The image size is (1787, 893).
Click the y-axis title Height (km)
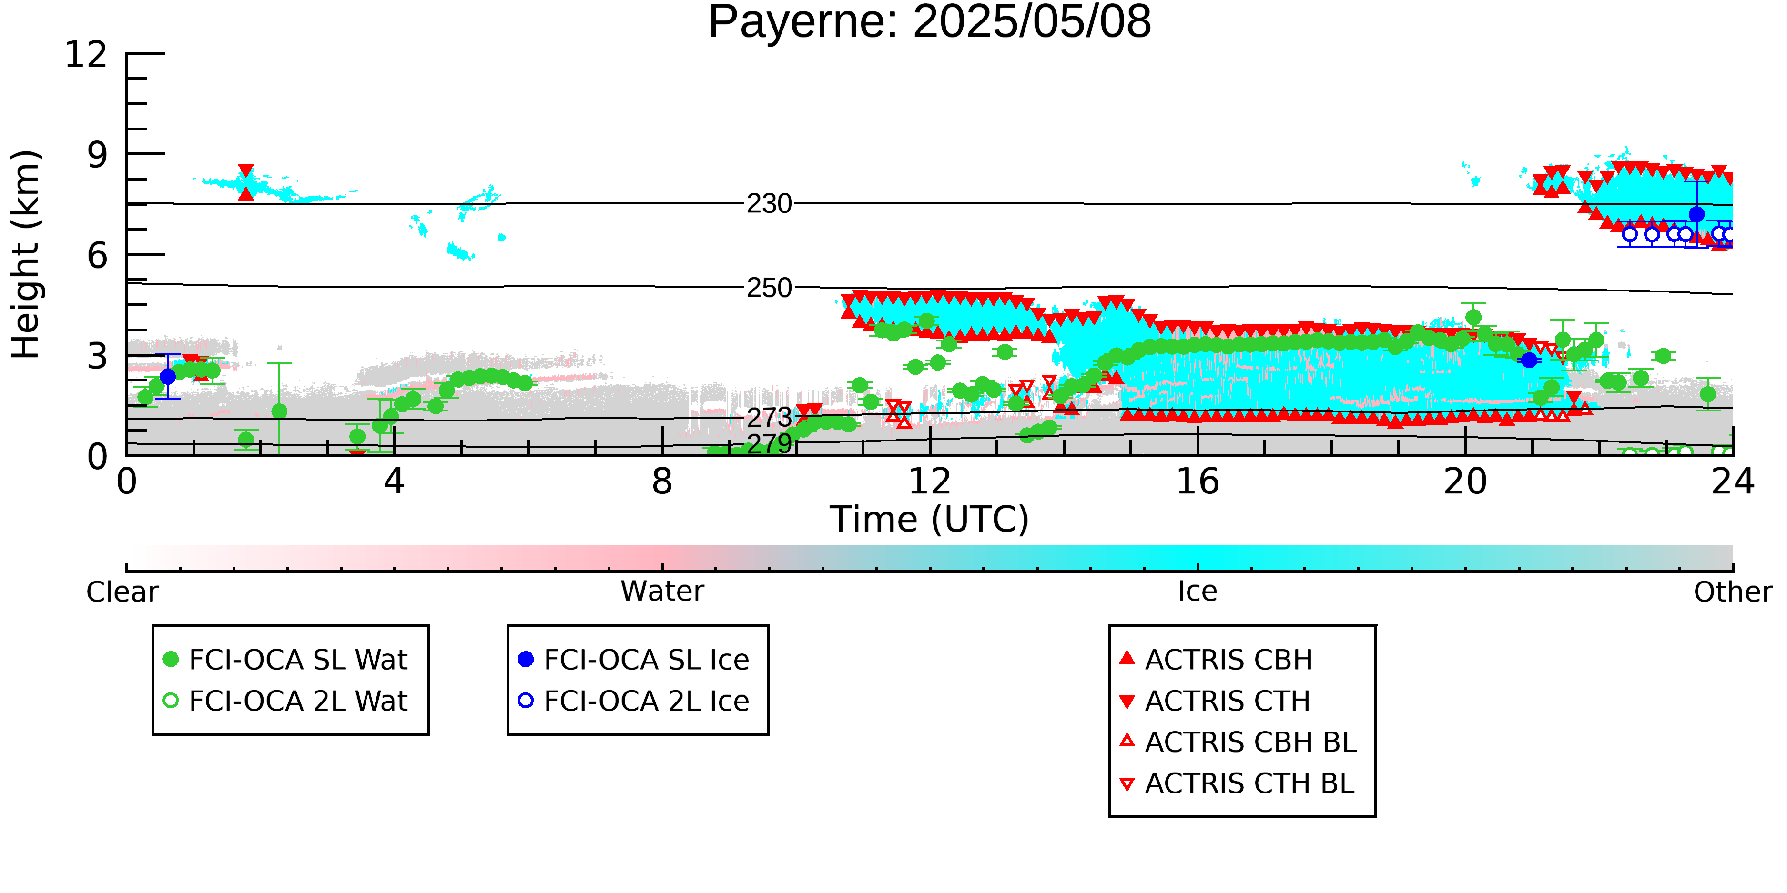(26, 254)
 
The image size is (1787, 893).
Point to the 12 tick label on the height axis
(86, 54)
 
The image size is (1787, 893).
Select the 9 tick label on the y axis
(97, 155)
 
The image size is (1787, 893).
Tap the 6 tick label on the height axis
(97, 255)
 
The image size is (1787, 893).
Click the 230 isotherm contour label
(769, 204)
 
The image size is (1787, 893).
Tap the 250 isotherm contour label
(769, 288)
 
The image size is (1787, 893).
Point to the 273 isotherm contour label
(769, 417)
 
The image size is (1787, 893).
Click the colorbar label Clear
(122, 592)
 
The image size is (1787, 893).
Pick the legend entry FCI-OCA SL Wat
(284, 659)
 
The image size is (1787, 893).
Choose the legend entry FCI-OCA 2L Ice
(633, 701)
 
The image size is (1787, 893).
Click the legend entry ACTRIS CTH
(1215, 701)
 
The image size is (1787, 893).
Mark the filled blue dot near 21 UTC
(1529, 360)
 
